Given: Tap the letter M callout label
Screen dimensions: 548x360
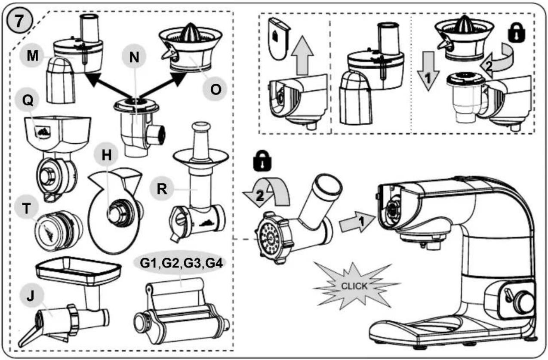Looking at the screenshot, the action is [32, 55].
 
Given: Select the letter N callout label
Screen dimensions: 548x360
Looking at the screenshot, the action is [134, 57].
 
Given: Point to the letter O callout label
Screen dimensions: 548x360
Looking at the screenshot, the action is [215, 89].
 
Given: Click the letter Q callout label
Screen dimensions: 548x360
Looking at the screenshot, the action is [28, 100].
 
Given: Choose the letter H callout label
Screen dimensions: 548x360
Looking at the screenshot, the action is [106, 155].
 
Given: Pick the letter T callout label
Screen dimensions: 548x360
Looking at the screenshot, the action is [26, 208].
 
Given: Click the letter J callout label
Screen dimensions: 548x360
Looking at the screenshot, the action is [31, 296].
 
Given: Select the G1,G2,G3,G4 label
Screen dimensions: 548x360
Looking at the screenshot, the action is [181, 263].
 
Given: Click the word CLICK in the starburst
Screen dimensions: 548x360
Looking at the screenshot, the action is [354, 286].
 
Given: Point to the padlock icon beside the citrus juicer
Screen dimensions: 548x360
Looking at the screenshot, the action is [517, 33].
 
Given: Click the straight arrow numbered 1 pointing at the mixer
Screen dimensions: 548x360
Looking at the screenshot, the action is [357, 222].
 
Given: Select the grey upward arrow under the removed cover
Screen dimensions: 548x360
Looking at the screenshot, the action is [303, 55].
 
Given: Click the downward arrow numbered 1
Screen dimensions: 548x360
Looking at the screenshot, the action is [428, 71].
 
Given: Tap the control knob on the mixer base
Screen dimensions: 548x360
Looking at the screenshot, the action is [524, 303].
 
